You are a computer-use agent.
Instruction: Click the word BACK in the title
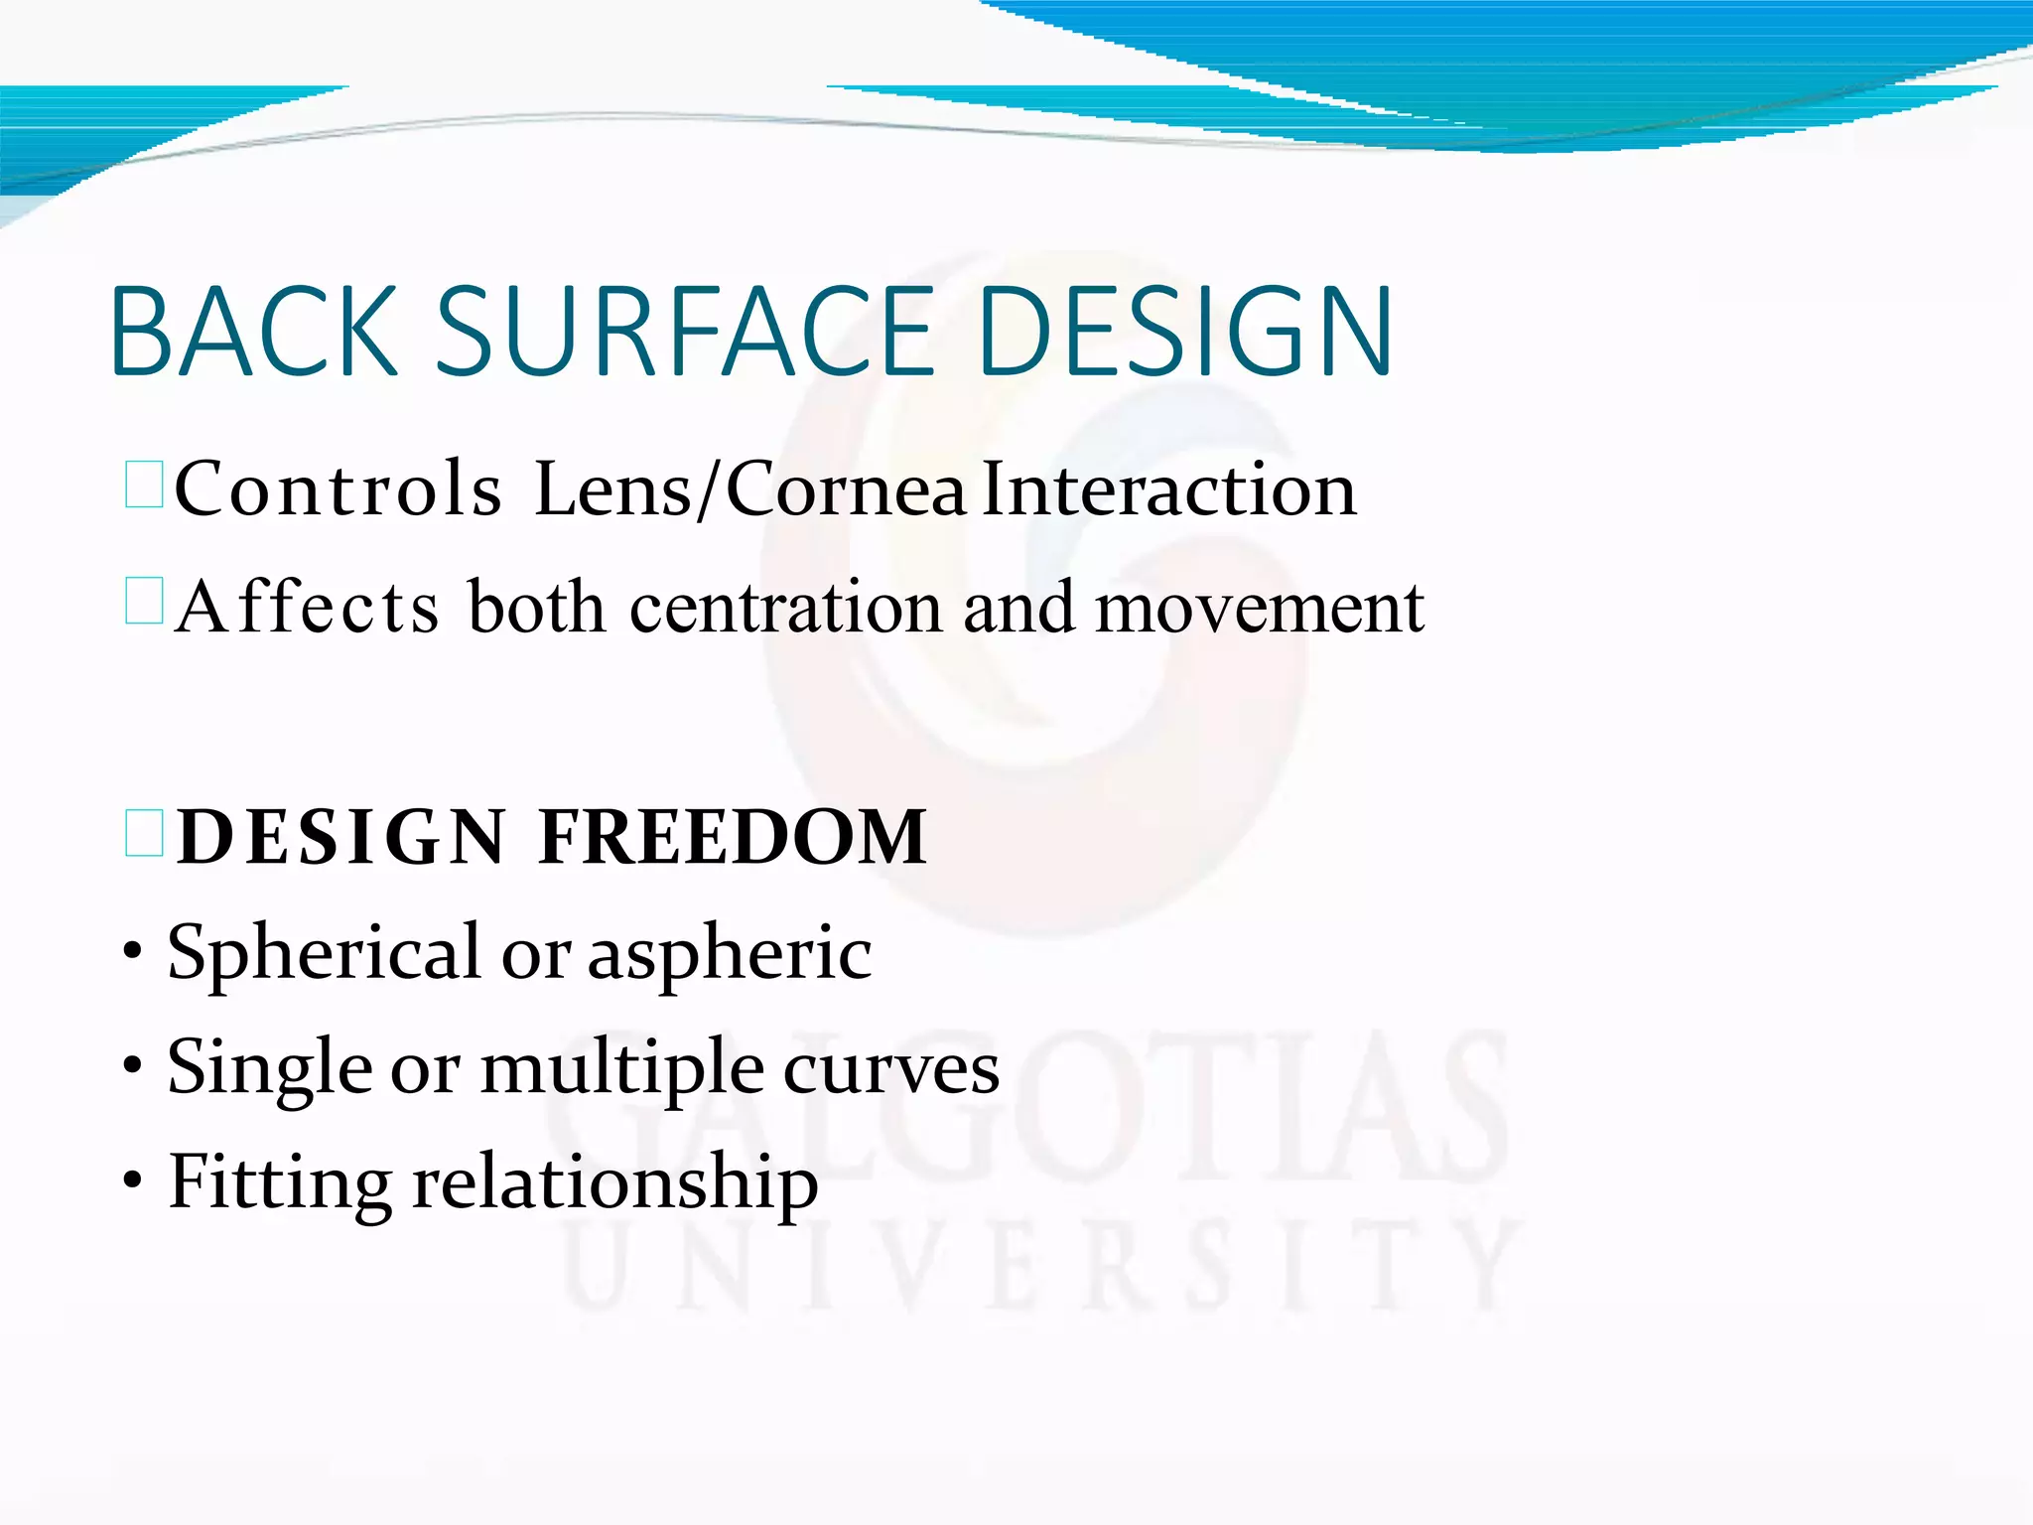(254, 332)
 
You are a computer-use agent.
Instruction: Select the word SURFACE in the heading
(685, 332)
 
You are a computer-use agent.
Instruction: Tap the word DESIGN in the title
(1185, 332)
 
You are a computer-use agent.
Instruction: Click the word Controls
(338, 489)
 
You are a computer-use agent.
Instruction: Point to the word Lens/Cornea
(749, 489)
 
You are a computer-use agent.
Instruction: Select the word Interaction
(1168, 489)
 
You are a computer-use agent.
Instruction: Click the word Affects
(307, 607)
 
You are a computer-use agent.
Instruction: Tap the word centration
(785, 607)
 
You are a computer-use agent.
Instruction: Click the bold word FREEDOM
(733, 837)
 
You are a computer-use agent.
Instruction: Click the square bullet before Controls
(144, 485)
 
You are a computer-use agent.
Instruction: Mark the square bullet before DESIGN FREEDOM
(144, 833)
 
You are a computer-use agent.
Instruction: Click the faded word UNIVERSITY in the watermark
(1042, 1266)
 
